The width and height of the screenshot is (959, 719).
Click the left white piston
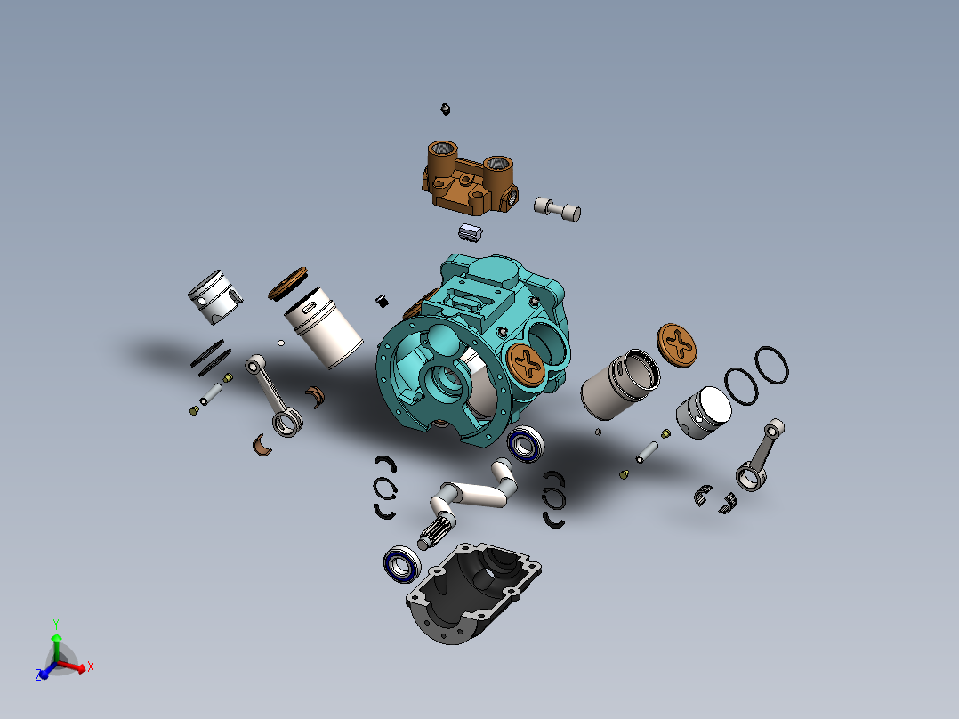click(x=214, y=297)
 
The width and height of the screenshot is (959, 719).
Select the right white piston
click(x=704, y=411)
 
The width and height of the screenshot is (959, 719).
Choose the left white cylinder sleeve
click(x=322, y=327)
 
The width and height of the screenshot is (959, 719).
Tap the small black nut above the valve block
click(x=445, y=109)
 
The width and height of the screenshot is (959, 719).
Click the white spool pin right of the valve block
click(x=558, y=209)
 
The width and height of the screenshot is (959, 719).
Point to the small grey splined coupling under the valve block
click(x=470, y=233)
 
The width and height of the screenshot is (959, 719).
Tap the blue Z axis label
click(x=40, y=676)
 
